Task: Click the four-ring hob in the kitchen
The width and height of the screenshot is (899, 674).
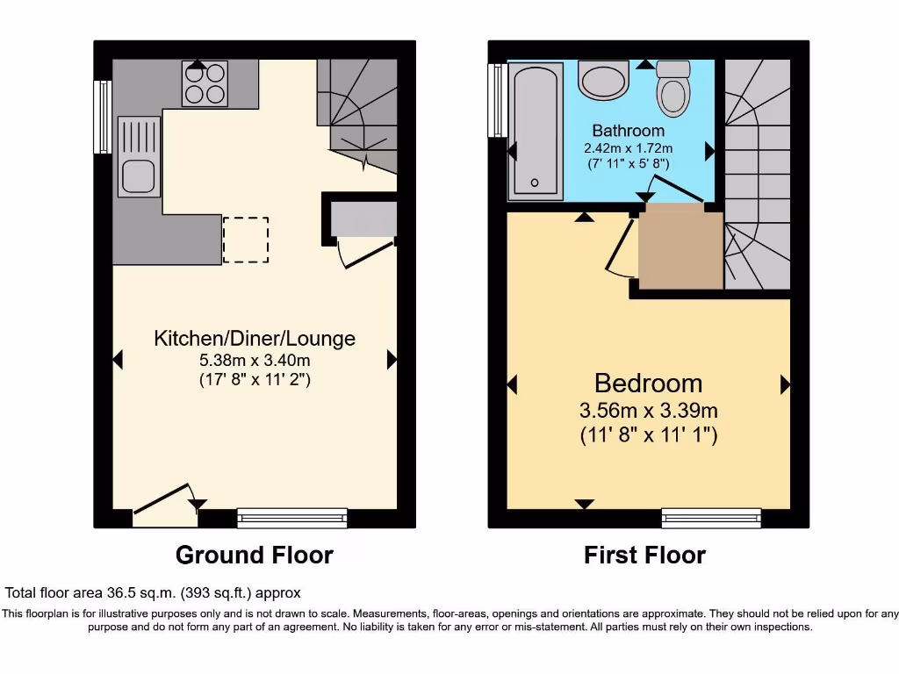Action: point(205,83)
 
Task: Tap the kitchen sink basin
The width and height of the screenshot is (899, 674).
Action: point(138,176)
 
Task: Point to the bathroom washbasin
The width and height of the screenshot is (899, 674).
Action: point(604,80)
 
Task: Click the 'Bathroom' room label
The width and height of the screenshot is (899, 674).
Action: point(628,131)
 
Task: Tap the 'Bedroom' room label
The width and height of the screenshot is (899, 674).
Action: point(648,384)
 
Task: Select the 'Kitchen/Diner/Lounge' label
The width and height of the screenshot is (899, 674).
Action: point(255,338)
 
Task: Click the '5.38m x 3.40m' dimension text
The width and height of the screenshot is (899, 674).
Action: point(255,360)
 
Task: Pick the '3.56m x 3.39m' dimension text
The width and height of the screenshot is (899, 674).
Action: point(648,411)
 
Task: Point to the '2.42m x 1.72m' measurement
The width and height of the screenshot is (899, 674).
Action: point(629,147)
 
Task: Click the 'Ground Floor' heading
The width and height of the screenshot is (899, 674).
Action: point(254,555)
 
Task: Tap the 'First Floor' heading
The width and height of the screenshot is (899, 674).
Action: point(644,555)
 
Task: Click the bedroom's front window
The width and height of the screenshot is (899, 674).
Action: point(711,518)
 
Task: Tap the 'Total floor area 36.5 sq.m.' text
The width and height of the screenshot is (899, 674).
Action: point(153,593)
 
